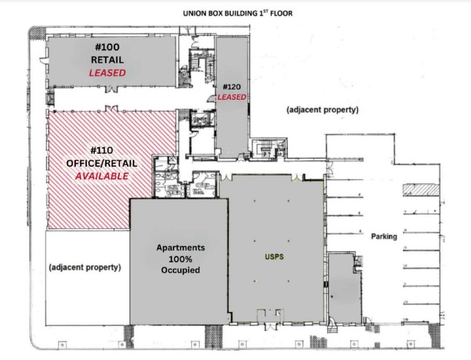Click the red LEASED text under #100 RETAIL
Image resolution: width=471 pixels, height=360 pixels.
point(107,73)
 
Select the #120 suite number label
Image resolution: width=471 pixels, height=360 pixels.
point(231,87)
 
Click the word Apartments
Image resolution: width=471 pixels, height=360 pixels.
point(180,248)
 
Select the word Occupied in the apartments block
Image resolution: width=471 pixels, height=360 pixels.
point(180,270)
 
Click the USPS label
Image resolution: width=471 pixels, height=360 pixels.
point(272,257)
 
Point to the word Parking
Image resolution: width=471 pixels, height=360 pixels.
point(384,237)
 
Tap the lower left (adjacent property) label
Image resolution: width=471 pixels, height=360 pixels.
point(85,267)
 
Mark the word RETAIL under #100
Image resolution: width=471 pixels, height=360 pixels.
point(107,60)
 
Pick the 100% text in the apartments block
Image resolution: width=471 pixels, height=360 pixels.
point(180,259)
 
